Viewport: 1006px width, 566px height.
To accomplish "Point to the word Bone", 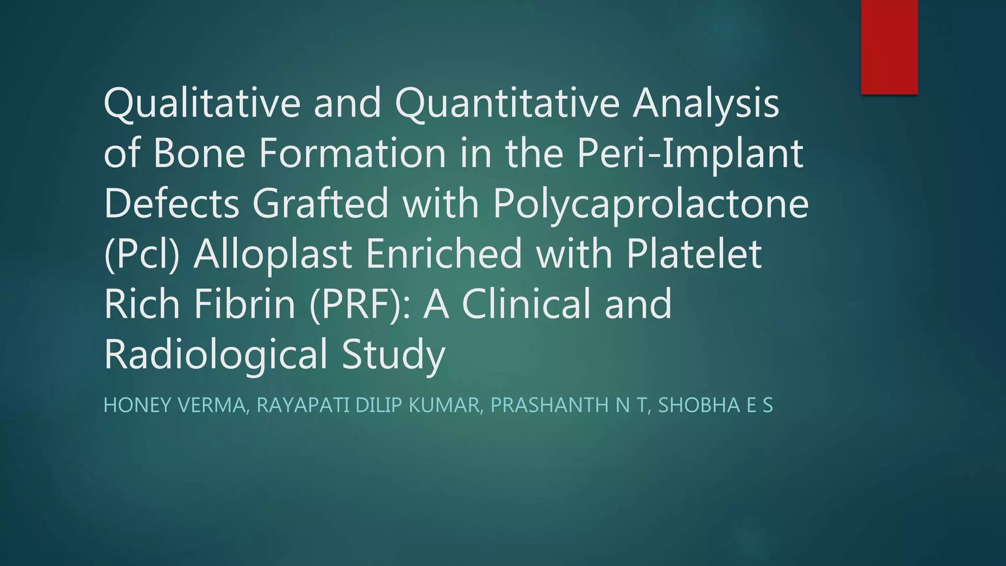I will pyautogui.click(x=198, y=153).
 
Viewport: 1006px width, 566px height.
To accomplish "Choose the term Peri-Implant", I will pyautogui.click(x=690, y=153).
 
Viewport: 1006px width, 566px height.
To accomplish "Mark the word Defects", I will pyautogui.click(x=171, y=203).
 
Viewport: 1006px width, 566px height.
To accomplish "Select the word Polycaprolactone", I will pyautogui.click(x=650, y=203).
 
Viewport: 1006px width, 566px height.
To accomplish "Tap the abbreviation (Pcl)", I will pyautogui.click(x=141, y=254).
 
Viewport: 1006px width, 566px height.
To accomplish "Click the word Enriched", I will pyautogui.click(x=444, y=254).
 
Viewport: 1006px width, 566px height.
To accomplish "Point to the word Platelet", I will pyautogui.click(x=694, y=254).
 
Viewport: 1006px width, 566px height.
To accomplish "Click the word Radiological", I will pyautogui.click(x=216, y=354).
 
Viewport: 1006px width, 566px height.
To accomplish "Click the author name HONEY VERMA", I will pyautogui.click(x=174, y=405).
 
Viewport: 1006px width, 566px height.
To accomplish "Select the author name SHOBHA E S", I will pyautogui.click(x=715, y=405).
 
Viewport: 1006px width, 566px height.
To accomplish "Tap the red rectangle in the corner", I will pyautogui.click(x=889, y=47).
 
